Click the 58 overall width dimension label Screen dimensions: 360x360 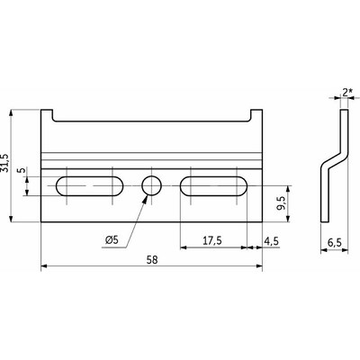tap(152, 260)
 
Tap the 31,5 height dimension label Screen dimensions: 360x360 tap(5, 164)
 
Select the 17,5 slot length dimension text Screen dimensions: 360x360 tap(212, 240)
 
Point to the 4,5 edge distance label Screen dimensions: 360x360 tap(272, 240)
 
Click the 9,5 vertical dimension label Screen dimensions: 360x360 tap(283, 204)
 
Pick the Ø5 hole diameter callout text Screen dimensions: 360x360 tap(112, 239)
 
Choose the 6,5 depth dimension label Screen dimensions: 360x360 tap(335, 242)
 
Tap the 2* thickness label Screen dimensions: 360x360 tap(347, 93)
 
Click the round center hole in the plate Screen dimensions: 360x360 tap(152, 185)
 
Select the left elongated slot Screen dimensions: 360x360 tap(89, 186)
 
